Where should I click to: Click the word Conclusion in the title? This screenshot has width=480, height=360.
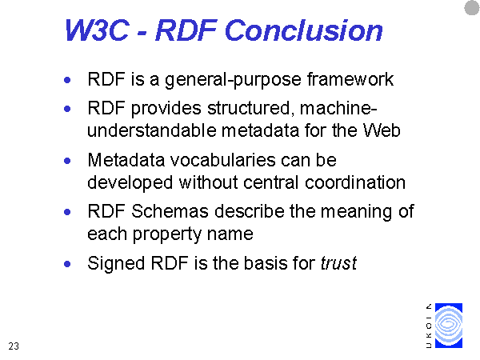point(304,30)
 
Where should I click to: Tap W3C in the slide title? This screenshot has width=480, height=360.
point(97,30)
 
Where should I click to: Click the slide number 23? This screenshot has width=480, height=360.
point(14,346)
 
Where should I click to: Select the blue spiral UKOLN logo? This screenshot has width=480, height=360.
point(449,326)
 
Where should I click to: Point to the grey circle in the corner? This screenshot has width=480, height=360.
point(472,8)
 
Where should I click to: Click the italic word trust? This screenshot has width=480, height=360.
point(338,263)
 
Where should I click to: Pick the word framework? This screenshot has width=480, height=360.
point(350,79)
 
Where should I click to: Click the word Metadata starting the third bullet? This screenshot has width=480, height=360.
point(126,160)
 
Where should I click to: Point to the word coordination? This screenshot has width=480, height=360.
point(355,182)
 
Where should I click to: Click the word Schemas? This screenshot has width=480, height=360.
point(170,211)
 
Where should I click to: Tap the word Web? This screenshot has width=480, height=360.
point(382,130)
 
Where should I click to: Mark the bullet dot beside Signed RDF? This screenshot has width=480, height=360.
point(67,264)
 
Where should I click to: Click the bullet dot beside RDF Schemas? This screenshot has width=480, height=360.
point(67,212)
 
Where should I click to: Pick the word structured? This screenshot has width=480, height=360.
point(249,108)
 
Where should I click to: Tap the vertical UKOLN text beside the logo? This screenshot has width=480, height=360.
point(429,326)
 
